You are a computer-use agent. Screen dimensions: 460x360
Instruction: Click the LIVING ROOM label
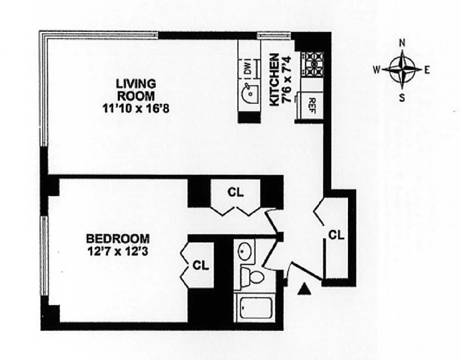[x=136, y=89]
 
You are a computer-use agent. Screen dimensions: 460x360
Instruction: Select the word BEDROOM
[x=118, y=239]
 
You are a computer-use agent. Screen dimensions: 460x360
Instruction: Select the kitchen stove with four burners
[x=312, y=64]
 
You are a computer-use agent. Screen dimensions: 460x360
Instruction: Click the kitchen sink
[x=248, y=91]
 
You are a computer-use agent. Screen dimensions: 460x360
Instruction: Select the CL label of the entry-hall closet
[x=336, y=235]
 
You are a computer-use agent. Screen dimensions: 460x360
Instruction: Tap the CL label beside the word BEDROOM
[x=200, y=265]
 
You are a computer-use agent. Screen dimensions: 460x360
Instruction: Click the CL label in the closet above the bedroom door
[x=235, y=192]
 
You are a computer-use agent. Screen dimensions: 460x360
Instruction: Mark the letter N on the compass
[x=402, y=43]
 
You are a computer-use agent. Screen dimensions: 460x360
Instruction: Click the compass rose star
[x=402, y=70]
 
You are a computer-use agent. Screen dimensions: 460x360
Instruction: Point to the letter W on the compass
[x=377, y=70]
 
